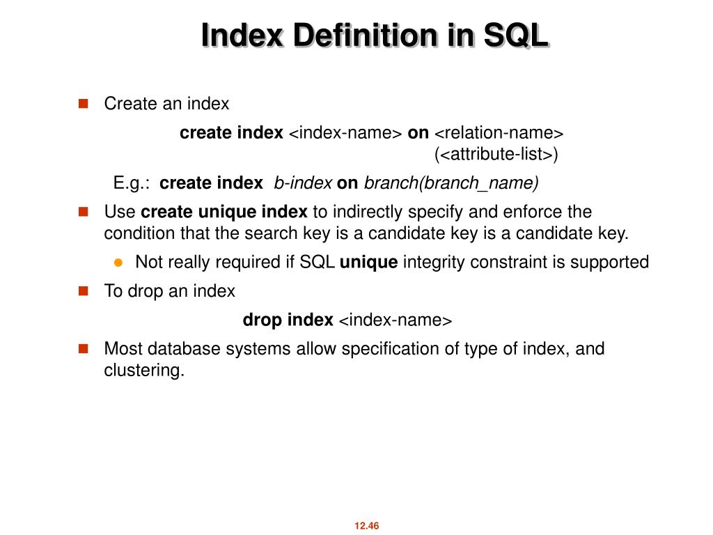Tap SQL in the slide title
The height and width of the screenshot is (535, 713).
[516, 36]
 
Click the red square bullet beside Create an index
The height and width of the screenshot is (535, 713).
[84, 104]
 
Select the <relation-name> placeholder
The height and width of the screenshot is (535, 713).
[499, 132]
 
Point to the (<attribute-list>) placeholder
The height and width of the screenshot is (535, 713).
[496, 153]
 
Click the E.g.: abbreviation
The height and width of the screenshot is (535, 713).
[132, 183]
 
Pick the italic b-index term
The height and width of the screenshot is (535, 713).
[303, 183]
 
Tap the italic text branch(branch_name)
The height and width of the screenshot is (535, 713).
[451, 183]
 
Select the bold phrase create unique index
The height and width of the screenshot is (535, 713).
[224, 212]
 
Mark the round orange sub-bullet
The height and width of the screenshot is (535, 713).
[118, 263]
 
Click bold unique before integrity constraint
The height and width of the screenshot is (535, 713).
[368, 263]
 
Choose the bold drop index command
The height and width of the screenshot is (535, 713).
[288, 320]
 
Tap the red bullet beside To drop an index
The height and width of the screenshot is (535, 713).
[84, 291]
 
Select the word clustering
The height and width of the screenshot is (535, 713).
[144, 371]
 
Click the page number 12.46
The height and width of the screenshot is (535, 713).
[366, 526]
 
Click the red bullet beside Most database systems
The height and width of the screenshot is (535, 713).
[84, 348]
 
